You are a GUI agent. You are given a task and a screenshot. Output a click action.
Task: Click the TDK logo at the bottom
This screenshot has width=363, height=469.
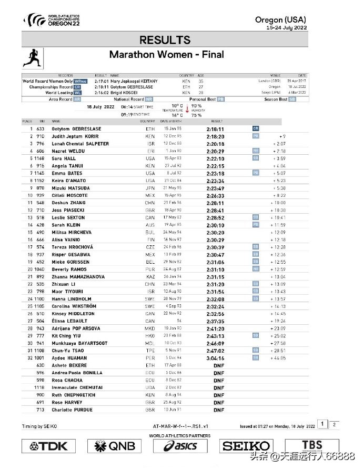(x=45, y=446)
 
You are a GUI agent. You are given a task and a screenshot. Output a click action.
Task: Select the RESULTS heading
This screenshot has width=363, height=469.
(x=166, y=40)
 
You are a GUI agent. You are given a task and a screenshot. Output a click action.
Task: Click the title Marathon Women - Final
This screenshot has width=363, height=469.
(x=166, y=54)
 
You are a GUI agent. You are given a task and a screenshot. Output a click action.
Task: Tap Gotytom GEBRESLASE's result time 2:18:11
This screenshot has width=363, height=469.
(x=215, y=129)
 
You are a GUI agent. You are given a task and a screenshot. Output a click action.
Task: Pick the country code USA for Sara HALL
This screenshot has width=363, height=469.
(x=150, y=158)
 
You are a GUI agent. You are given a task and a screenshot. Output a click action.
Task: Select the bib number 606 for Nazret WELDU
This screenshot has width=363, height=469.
(x=40, y=151)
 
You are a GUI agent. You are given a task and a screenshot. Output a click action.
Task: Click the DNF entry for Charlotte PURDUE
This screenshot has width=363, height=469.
(x=219, y=410)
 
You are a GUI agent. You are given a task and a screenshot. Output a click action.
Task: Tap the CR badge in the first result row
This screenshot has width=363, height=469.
(x=256, y=128)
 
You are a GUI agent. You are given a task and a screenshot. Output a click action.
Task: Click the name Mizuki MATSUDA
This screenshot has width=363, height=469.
(x=71, y=187)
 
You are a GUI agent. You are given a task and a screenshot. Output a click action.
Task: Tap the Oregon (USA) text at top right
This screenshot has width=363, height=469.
(x=280, y=20)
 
